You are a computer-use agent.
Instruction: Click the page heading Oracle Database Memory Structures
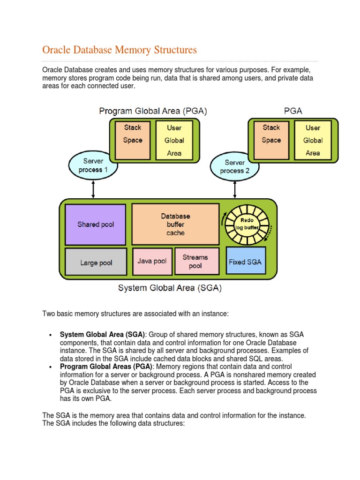pyautogui.click(x=120, y=50)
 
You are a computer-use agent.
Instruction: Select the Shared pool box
pyautogui.click(x=96, y=225)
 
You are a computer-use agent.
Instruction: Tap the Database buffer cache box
pyautogui.click(x=175, y=225)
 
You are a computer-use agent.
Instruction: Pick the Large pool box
pyautogui.click(x=96, y=262)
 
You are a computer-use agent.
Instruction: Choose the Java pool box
pyautogui.click(x=152, y=261)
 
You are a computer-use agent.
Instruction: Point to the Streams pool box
pyautogui.click(x=195, y=261)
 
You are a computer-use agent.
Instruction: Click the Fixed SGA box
pyautogui.click(x=246, y=262)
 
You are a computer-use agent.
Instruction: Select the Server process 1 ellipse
pyautogui.click(x=93, y=165)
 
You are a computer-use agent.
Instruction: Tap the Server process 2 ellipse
pyautogui.click(x=235, y=166)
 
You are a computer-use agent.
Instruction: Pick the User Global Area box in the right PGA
pyautogui.click(x=313, y=140)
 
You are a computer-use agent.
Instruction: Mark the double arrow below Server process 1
pyautogui.click(x=93, y=188)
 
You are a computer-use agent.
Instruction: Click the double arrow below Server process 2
pyautogui.click(x=235, y=189)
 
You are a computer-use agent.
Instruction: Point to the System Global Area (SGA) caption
pyautogui.click(x=170, y=288)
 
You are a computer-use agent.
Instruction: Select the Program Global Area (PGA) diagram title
pyautogui.click(x=153, y=111)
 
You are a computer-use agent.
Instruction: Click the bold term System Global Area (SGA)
pyautogui.click(x=102, y=335)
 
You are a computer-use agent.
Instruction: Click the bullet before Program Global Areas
pyautogui.click(x=51, y=367)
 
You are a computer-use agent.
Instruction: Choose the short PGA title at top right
pyautogui.click(x=293, y=111)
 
